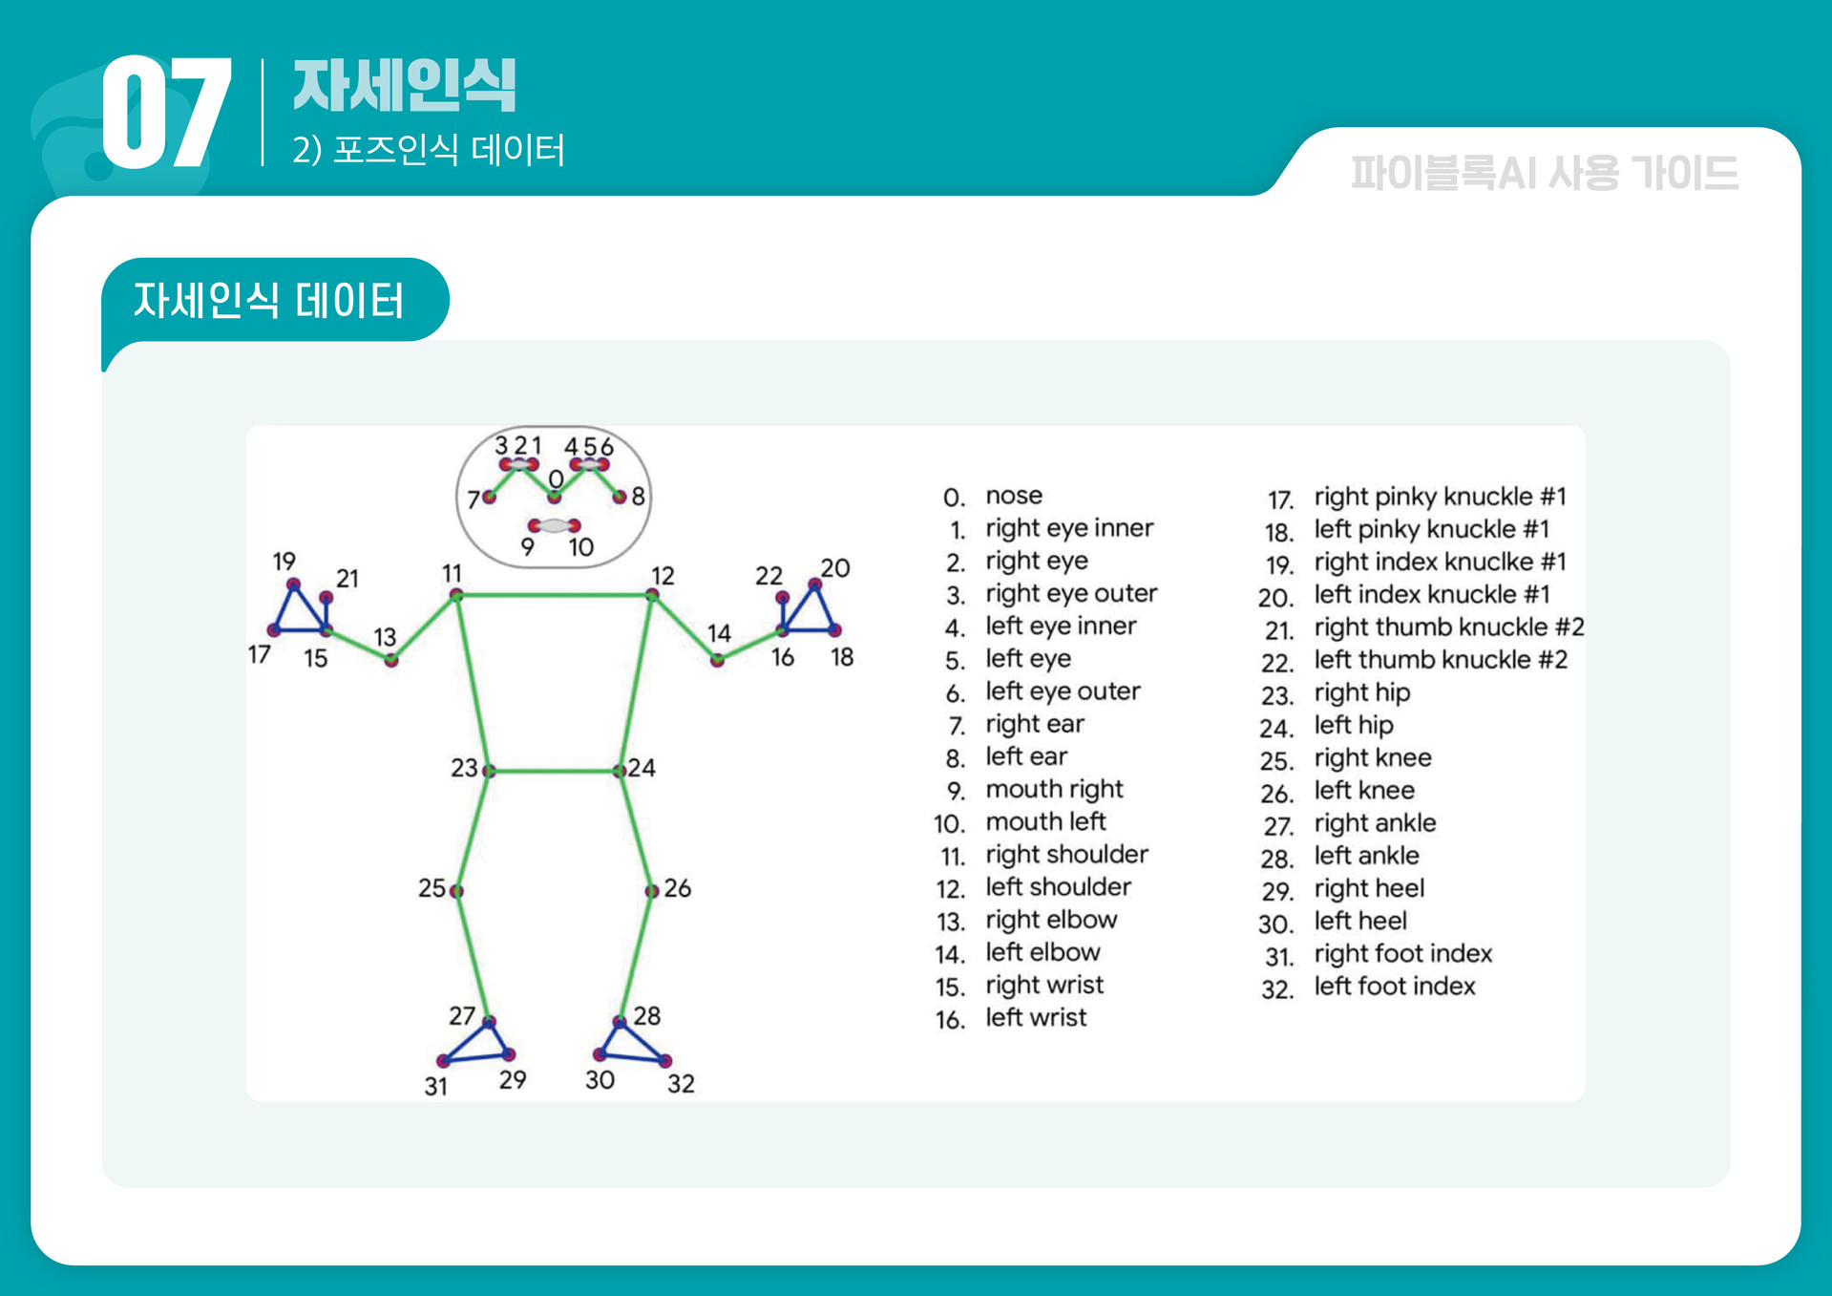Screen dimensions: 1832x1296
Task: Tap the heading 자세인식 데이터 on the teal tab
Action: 269,301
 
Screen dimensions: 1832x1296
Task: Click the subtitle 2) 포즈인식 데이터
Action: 429,150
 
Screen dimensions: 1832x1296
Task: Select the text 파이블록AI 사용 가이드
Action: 1544,174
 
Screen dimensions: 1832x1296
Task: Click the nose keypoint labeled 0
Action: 555,497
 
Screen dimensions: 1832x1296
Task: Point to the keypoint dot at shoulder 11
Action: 456,595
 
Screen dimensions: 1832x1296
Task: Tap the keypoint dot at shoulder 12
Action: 652,595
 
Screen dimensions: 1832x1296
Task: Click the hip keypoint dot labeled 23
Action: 489,770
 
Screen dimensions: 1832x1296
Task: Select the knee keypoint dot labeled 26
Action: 652,891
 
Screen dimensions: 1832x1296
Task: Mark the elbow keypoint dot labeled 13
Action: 391,660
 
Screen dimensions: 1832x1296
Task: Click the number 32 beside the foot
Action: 681,1084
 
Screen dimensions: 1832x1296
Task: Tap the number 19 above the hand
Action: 284,562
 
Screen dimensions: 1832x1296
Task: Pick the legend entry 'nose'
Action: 1014,496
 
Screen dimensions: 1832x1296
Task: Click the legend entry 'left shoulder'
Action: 1058,887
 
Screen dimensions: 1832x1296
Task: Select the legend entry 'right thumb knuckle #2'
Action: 1448,627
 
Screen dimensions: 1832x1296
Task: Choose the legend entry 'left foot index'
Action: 1394,987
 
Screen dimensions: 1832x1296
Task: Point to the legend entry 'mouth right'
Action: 1054,789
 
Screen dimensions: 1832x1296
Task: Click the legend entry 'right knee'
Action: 1372,758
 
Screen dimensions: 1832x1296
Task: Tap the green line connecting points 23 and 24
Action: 554,770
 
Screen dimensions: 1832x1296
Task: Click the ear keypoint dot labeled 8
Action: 620,497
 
